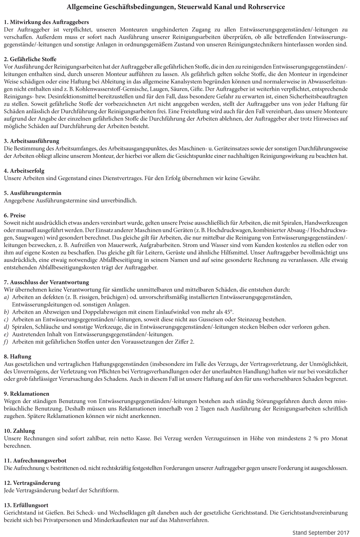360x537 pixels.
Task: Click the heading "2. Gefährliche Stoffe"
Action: (30, 60)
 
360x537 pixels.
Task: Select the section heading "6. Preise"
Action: (15, 215)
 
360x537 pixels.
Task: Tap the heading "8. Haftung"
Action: (18, 356)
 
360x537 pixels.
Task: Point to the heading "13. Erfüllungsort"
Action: (26, 505)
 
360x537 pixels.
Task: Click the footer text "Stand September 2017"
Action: (321, 532)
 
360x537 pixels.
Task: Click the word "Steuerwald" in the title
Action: (195, 7)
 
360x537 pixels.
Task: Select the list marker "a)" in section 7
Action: (7, 297)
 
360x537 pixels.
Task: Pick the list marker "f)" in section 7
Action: (6, 342)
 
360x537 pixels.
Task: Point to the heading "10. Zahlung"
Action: (19, 431)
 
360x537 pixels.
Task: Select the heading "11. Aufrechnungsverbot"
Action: (35, 461)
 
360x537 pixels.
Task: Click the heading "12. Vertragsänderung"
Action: (32, 483)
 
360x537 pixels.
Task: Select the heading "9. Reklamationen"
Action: (27, 394)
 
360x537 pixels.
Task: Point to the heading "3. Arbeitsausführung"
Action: (32, 141)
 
